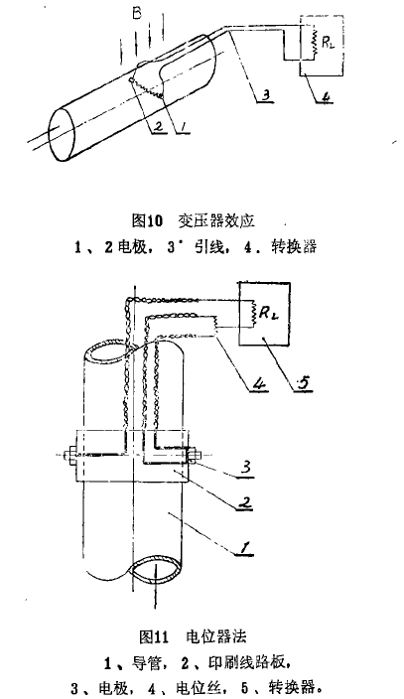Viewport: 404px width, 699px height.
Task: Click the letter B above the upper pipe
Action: tap(137, 13)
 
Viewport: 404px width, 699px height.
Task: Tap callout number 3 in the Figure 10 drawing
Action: tap(264, 94)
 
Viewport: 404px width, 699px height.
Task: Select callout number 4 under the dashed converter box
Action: tap(327, 96)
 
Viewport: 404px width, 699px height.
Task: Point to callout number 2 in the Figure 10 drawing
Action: tap(158, 127)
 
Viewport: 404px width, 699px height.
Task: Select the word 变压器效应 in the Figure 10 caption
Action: tap(216, 220)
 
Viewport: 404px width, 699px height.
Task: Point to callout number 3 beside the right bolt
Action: tap(246, 468)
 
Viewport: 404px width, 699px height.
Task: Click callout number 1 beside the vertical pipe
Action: tap(244, 547)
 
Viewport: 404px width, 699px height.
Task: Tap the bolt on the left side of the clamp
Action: tap(70, 455)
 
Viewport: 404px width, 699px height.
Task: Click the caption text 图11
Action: tap(154, 637)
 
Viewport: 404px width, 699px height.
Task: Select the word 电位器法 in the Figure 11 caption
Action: tap(215, 637)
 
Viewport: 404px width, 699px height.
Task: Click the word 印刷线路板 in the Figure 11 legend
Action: tap(246, 663)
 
